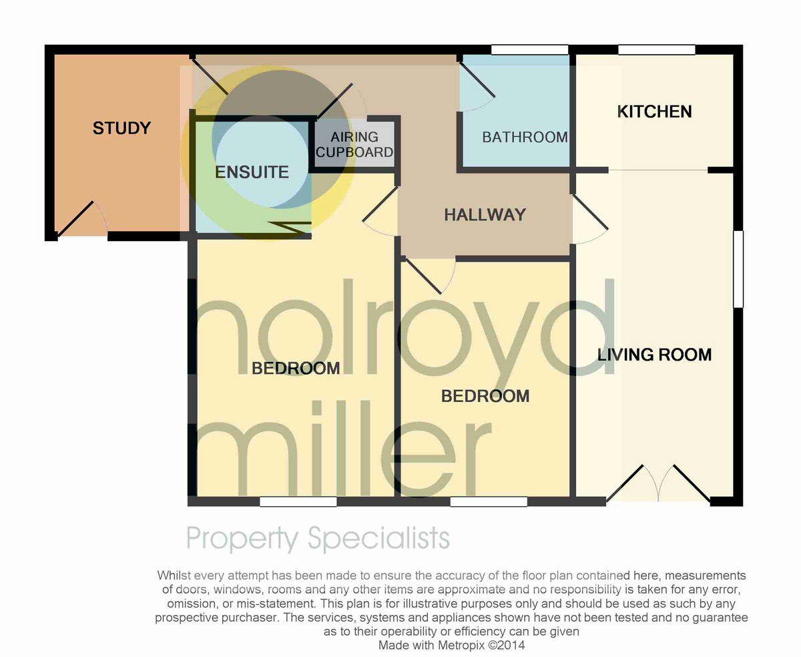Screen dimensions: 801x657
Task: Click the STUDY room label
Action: coord(121,128)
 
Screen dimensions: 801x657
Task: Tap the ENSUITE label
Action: coord(252,172)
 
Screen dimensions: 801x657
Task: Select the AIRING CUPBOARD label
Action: coord(354,144)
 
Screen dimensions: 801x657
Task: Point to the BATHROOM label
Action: coord(525,137)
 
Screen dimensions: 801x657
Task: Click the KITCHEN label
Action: coord(654,112)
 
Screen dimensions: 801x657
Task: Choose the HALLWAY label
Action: coord(485,215)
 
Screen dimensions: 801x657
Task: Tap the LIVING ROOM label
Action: coord(654,355)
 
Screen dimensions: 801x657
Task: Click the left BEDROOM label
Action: coord(296,368)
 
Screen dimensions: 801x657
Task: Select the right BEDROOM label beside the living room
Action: coord(485,397)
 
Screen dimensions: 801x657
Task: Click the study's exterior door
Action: coord(81,218)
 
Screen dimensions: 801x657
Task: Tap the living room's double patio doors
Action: coord(658,483)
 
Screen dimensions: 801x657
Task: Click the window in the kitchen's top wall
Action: coord(657,50)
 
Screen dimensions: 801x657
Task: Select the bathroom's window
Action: coord(530,50)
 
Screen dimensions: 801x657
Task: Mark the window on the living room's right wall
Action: coord(738,269)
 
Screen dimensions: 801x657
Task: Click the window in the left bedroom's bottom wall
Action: coord(298,501)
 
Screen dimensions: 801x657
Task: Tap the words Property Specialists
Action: coord(318,538)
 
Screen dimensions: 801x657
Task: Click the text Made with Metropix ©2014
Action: coord(452,645)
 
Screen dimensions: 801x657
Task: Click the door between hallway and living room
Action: coord(590,219)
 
